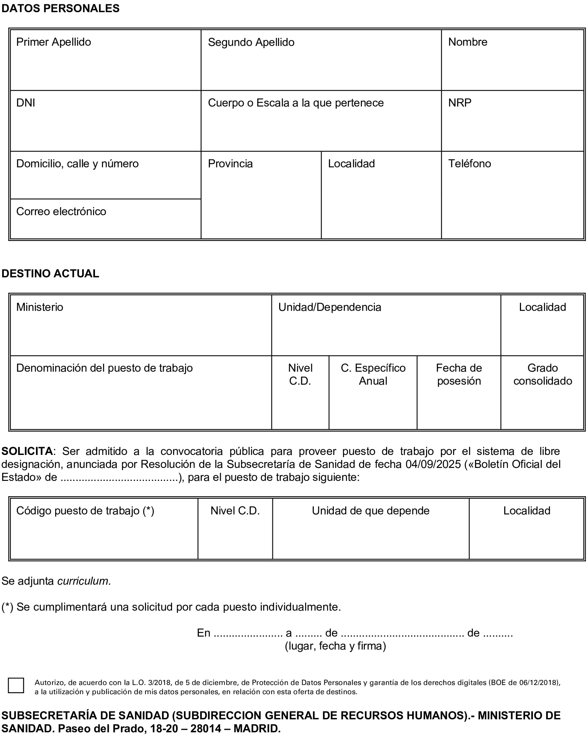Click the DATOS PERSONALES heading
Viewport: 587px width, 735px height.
tap(60, 9)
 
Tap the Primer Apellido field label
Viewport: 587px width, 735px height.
tap(54, 42)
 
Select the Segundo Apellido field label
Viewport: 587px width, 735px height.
tap(251, 42)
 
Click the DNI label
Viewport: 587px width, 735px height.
tap(26, 103)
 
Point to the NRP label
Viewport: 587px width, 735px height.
tap(459, 103)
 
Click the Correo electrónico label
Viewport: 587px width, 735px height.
tap(61, 211)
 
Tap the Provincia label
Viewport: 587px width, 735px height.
tap(230, 164)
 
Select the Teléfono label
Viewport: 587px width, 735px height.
tap(469, 164)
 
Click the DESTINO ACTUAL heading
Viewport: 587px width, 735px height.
tap(50, 273)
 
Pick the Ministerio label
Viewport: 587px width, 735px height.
tap(39, 307)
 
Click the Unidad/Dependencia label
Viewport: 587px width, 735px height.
tap(329, 307)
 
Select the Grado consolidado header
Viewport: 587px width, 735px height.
tap(542, 374)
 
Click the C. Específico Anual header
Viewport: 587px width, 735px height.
tap(372, 374)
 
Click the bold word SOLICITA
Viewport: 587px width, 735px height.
tap(27, 451)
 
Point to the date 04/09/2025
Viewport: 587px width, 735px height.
tap(433, 464)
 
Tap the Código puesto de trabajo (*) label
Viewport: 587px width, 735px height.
tap(85, 511)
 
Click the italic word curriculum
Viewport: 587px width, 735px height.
tap(83, 581)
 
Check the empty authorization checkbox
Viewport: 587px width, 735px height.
tap(16, 685)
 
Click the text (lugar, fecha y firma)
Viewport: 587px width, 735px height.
tap(335, 646)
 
